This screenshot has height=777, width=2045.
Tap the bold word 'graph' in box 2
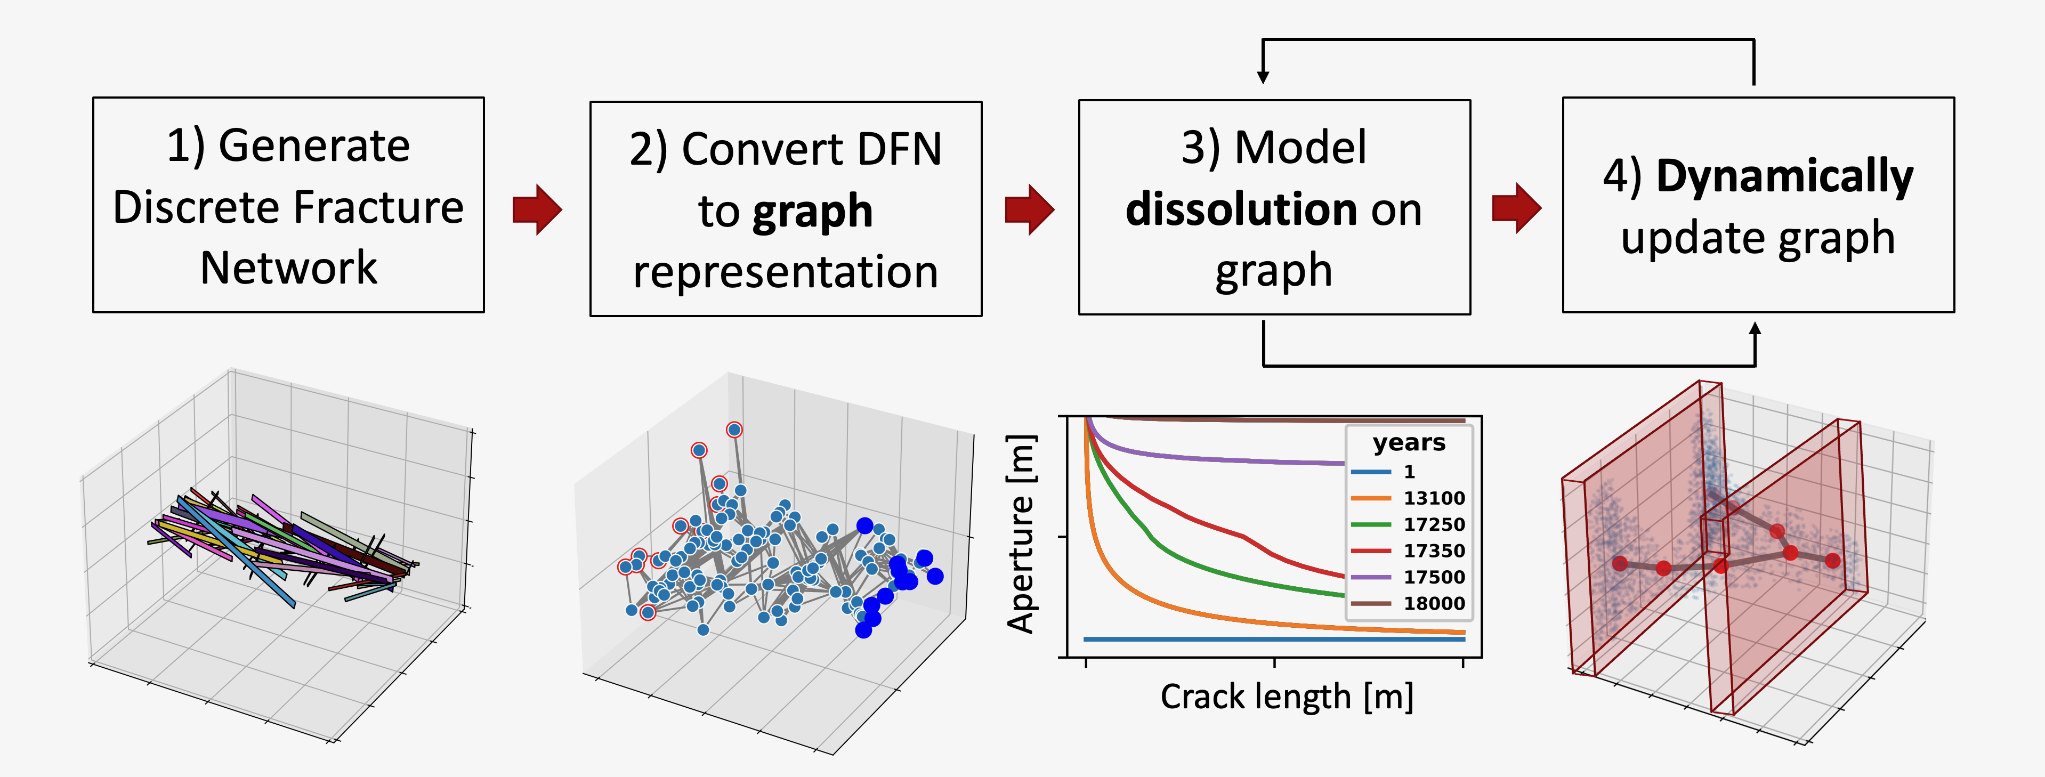point(812,212)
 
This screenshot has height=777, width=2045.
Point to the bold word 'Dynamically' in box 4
point(1784,176)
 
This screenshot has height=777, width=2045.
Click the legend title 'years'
point(1409,442)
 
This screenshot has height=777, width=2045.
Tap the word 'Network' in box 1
point(288,268)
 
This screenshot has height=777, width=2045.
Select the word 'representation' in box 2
point(785,272)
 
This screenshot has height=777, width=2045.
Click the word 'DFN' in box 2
point(888,149)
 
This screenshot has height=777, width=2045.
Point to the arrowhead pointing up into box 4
point(1755,329)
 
